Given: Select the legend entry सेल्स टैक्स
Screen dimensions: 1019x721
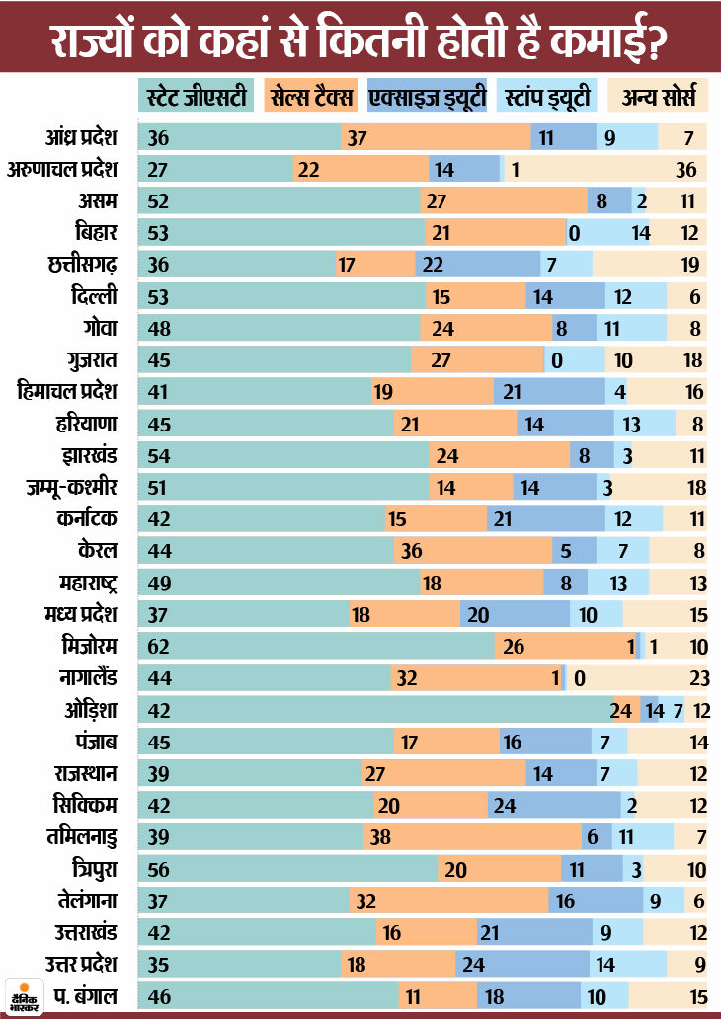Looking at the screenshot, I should point(314,98).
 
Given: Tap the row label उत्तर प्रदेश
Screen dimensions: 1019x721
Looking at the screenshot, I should point(80,964).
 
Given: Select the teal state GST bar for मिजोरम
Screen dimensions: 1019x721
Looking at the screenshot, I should point(316,647).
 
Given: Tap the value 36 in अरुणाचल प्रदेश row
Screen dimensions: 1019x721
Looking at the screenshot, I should point(686,169).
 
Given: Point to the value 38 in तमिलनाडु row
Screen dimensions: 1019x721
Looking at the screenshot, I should point(381,835).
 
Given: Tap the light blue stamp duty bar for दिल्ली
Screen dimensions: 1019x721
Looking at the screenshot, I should point(636,296).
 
